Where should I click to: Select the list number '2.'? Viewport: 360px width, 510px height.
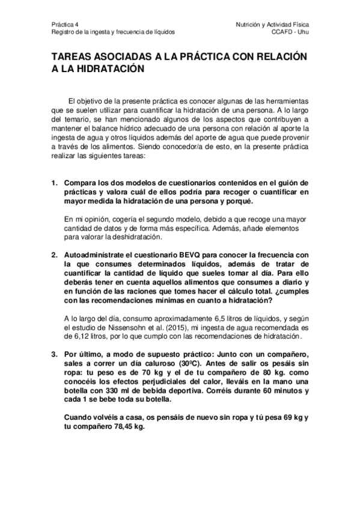click(53, 255)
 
